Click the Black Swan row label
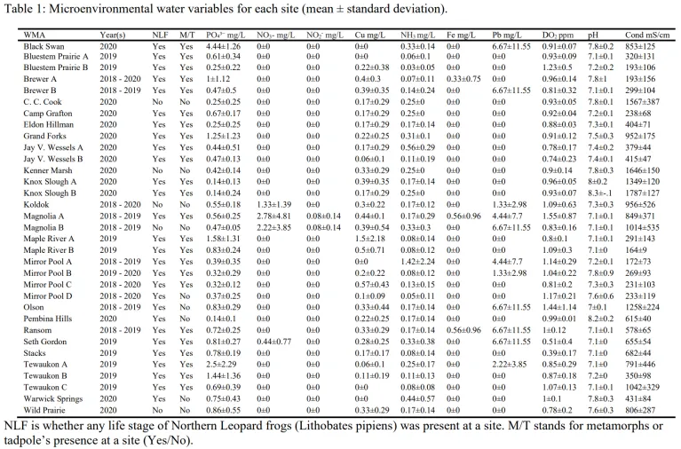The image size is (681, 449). click(x=45, y=44)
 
